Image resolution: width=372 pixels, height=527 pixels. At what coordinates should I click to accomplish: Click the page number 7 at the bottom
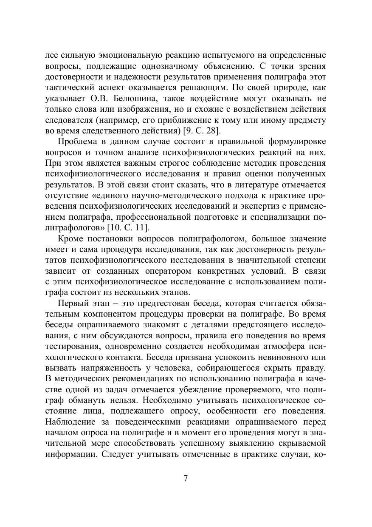click(x=186, y=478)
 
